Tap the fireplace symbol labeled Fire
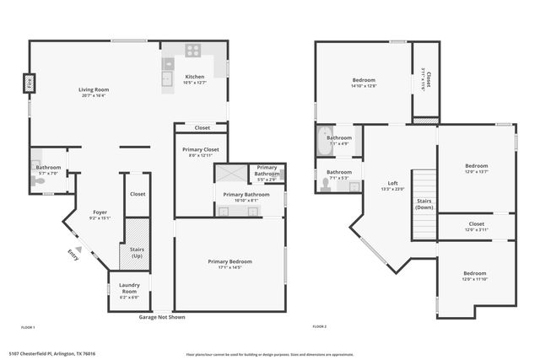point(28,84)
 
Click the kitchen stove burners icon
point(193,49)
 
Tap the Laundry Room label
point(129,287)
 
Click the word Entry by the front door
point(75,256)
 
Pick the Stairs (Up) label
point(137,253)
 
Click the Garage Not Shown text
point(162,317)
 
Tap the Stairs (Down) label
point(424,205)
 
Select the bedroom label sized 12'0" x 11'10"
point(473,276)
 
